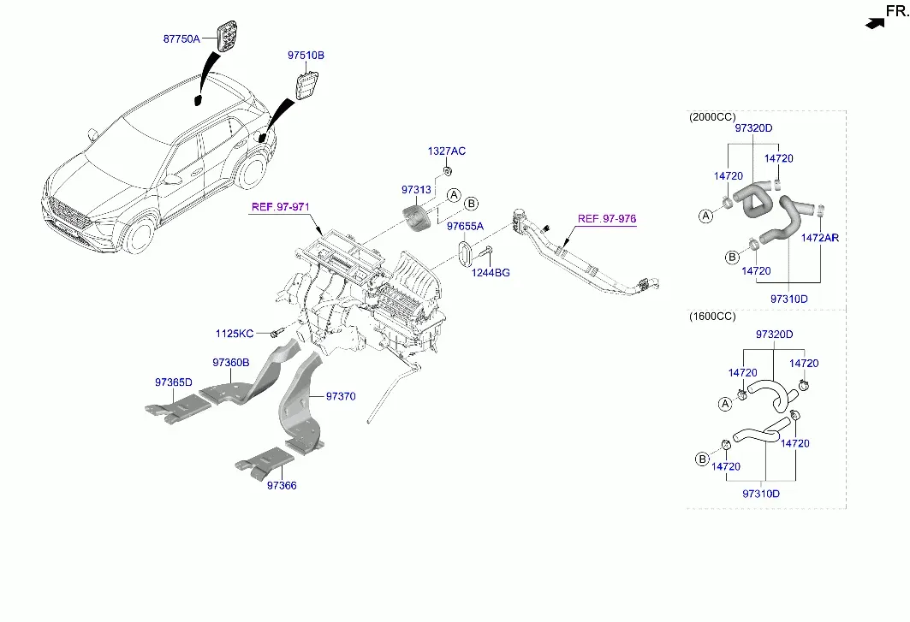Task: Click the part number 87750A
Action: [x=181, y=39]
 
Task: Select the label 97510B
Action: [x=306, y=55]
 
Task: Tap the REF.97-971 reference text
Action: [x=280, y=206]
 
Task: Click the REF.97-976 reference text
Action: [x=606, y=219]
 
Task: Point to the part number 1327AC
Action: [x=446, y=151]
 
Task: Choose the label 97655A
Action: [x=465, y=226]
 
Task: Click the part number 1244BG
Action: [x=491, y=272]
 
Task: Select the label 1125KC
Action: [x=235, y=333]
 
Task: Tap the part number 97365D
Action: [x=174, y=382]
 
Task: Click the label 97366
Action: [x=282, y=485]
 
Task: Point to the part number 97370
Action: [x=341, y=396]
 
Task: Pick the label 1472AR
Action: [x=820, y=237]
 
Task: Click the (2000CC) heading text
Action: [x=712, y=116]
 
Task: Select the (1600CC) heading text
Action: [x=712, y=317]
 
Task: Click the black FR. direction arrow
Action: [x=875, y=23]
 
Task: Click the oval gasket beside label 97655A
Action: [x=464, y=253]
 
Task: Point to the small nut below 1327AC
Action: [x=448, y=170]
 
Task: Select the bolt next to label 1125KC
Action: [x=277, y=333]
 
